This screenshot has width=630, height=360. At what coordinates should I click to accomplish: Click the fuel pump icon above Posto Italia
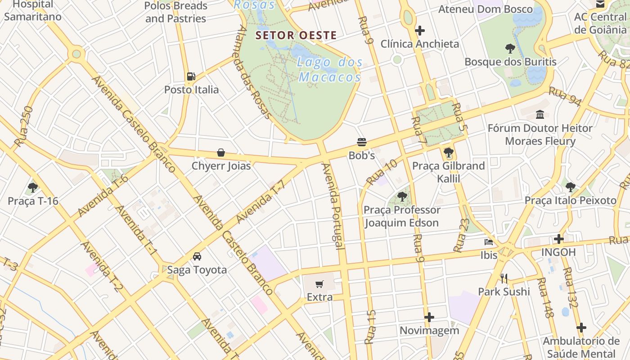pos(191,76)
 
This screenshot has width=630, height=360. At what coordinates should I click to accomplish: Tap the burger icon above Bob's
pos(362,142)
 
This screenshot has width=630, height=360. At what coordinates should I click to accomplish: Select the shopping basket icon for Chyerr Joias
pos(221,153)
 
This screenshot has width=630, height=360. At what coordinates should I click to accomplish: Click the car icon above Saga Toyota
pos(197,256)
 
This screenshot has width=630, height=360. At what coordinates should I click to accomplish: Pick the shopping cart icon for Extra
pos(319,284)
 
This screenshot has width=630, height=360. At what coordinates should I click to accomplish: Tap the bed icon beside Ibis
pos(489,242)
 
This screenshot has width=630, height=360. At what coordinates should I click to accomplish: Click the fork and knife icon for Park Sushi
pos(504,279)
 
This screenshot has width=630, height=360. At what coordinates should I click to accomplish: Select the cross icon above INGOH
pos(558,239)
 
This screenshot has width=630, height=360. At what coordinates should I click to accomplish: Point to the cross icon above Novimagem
pos(429,317)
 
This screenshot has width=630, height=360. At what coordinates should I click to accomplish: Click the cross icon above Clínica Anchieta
pos(420,31)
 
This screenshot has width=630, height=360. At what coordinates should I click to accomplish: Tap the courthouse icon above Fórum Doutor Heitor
pos(540,115)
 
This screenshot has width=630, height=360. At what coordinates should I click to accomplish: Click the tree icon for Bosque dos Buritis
pos(510,49)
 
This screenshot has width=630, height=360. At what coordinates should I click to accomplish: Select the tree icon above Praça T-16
pos(32,187)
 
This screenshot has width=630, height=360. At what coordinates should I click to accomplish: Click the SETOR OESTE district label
pos(296,35)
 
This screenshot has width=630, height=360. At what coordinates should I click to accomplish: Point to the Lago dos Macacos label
pos(330,70)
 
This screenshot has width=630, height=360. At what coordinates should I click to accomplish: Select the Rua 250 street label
pos(24,126)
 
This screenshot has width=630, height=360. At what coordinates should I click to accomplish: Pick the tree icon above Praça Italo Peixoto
pos(570,187)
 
